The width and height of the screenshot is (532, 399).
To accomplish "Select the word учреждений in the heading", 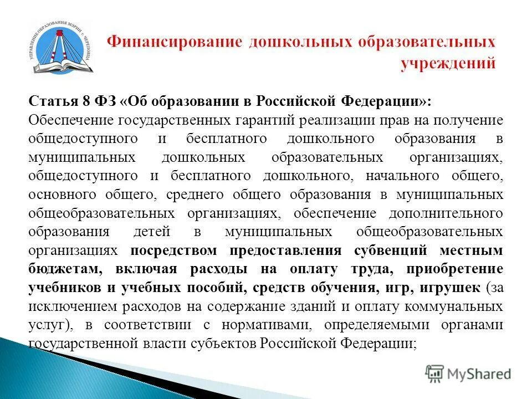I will tap(448, 64).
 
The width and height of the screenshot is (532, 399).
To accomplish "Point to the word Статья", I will tap(50, 103).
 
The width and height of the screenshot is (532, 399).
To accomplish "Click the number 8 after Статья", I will tap(86, 103).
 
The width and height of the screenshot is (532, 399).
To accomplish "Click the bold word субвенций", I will tap(390, 250).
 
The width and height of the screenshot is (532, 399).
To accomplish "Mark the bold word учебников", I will tap(61, 288).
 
